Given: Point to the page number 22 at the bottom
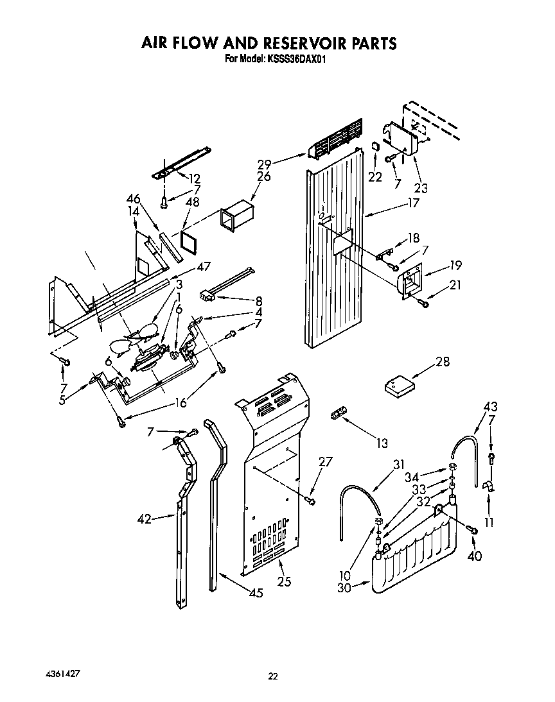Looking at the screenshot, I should (x=273, y=676).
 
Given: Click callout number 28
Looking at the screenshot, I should (x=443, y=362).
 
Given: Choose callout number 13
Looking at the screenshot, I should (x=382, y=442).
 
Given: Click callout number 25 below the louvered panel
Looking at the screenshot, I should (x=284, y=581).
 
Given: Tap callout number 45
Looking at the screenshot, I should (x=256, y=594).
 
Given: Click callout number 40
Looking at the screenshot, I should (x=475, y=556).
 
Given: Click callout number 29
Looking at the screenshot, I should (x=282, y=164).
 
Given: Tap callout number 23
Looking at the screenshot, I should (x=421, y=188).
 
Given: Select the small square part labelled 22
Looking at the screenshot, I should (x=375, y=149).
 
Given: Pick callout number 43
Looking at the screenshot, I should (x=491, y=407).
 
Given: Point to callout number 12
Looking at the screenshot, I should (x=195, y=179).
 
